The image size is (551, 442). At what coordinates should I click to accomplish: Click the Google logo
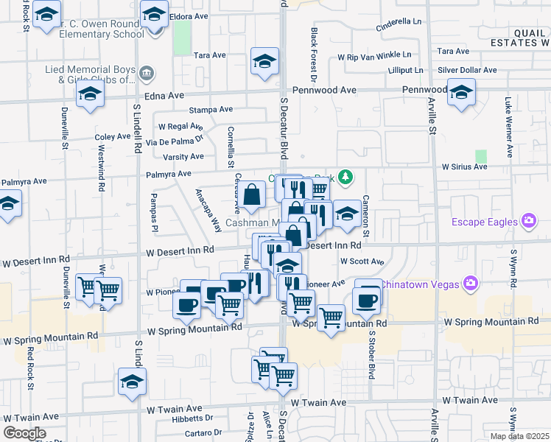pyautogui.click(x=24, y=433)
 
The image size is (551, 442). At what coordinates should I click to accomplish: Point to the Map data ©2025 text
pyautogui.click(x=519, y=436)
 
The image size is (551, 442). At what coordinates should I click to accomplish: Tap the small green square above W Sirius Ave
pyautogui.click(x=482, y=156)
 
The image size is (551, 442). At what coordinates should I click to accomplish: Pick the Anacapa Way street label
pyautogui.click(x=208, y=210)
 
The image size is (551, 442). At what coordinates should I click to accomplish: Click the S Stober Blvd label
pyautogui.click(x=373, y=360)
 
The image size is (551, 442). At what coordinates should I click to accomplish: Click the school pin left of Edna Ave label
pyautogui.click(x=91, y=94)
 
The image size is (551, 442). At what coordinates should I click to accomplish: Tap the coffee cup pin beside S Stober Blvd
pyautogui.click(x=366, y=299)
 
